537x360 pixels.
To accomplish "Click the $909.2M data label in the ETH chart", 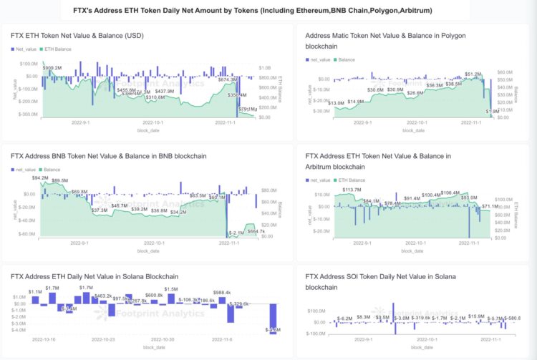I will (x=52, y=67).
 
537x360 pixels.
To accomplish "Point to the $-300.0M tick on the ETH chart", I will (x=27, y=115).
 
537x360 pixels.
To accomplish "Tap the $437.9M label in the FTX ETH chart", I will (x=165, y=91).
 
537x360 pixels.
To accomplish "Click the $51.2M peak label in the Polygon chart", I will (x=473, y=74).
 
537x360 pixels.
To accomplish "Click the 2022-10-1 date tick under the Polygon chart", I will (x=413, y=123).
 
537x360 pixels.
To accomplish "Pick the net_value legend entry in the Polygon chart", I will (x=318, y=60).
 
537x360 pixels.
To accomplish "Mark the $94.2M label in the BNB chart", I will (x=40, y=177).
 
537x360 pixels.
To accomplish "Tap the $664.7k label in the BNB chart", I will (x=256, y=231).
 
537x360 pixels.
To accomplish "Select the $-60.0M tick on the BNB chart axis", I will (x=27, y=233).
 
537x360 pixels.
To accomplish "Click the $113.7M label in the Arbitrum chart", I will (x=352, y=190).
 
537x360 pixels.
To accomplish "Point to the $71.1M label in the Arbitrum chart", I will (x=490, y=206).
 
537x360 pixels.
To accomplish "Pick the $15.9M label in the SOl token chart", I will (x=476, y=316).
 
